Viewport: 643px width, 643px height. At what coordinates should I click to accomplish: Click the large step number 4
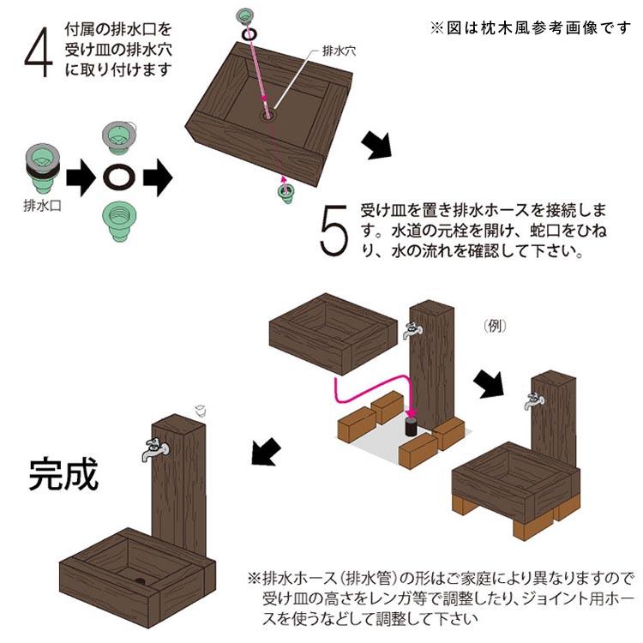point(39,52)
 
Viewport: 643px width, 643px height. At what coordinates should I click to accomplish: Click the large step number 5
point(334,230)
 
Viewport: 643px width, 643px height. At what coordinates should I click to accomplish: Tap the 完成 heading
point(63,474)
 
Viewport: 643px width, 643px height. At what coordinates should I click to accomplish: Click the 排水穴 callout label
point(340,51)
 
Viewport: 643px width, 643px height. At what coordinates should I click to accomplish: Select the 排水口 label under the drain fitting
point(42,206)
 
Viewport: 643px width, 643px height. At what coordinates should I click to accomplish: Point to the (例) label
point(495,326)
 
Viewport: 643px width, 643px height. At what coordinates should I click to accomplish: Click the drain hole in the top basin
point(269,115)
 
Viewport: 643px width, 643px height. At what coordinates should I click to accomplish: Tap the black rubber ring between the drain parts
point(119,177)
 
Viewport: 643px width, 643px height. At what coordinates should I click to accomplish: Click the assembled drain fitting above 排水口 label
point(43,168)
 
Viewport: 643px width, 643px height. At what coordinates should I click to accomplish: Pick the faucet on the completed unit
point(154,449)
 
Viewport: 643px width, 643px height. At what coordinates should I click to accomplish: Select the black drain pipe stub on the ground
point(412,426)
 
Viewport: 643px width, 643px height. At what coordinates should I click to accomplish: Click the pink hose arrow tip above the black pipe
point(412,414)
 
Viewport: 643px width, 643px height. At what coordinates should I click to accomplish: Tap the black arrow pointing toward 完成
point(266,452)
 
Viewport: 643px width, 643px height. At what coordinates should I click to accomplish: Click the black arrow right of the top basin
point(377,145)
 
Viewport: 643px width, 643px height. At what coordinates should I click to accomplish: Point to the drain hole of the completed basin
point(141,580)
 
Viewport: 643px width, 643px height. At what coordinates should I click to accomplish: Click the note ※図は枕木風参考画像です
point(530,28)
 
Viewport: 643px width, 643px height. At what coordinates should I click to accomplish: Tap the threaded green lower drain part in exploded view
point(119,220)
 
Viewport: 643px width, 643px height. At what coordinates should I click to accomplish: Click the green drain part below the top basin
point(285,194)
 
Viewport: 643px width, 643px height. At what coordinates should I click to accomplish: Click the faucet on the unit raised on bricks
point(534,400)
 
